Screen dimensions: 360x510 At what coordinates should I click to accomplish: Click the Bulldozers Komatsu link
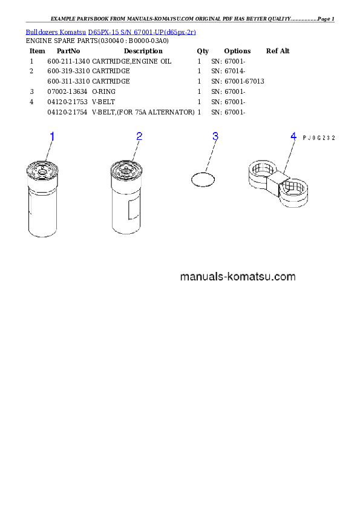56,32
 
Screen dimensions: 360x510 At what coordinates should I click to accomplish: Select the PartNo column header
68,51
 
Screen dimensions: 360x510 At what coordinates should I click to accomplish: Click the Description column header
143,51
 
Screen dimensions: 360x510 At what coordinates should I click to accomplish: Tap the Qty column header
203,51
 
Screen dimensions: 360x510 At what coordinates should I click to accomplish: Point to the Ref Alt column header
278,51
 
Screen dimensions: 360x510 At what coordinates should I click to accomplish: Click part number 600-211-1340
68,61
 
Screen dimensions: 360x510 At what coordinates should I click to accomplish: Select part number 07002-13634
67,91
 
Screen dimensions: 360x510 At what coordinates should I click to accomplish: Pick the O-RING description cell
103,91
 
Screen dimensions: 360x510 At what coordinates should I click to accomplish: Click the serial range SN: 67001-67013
238,81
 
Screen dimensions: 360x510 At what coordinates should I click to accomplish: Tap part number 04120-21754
67,112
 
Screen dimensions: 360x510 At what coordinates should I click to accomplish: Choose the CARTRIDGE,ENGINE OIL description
131,61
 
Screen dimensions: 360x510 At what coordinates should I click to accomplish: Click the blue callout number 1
52,137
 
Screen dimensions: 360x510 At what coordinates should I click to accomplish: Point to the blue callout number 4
293,136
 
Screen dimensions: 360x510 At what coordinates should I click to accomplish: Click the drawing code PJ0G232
319,138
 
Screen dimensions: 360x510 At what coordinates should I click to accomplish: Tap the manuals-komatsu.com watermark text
238,277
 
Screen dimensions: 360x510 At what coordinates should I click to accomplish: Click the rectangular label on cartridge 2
134,210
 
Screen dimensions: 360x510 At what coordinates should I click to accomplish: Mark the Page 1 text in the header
326,19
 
